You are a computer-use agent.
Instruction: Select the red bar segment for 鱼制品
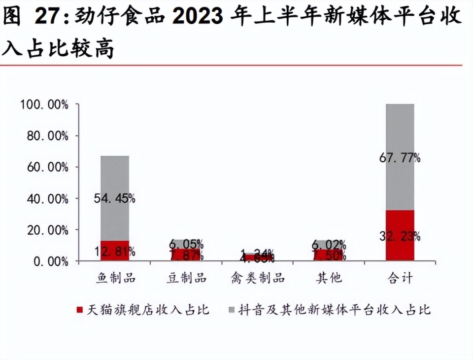pyautogui.click(x=115, y=251)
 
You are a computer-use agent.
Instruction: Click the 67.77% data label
pyautogui.click(x=400, y=158)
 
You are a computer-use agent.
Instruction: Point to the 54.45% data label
pyautogui.click(x=114, y=198)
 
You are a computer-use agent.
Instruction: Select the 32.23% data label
pyautogui.click(x=400, y=236)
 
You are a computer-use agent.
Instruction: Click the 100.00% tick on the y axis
pyautogui.click(x=44, y=105)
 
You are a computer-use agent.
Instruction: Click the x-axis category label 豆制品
pyautogui.click(x=186, y=278)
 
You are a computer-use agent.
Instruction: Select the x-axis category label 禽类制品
pyautogui.click(x=257, y=278)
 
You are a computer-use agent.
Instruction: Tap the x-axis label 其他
pyautogui.click(x=329, y=278)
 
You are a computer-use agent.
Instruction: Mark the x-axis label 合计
pyautogui.click(x=400, y=278)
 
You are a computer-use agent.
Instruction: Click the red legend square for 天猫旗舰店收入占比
pyautogui.click(x=79, y=310)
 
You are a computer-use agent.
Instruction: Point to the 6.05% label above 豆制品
pyautogui.click(x=186, y=244)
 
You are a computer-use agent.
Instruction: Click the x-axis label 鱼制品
pyautogui.click(x=115, y=278)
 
